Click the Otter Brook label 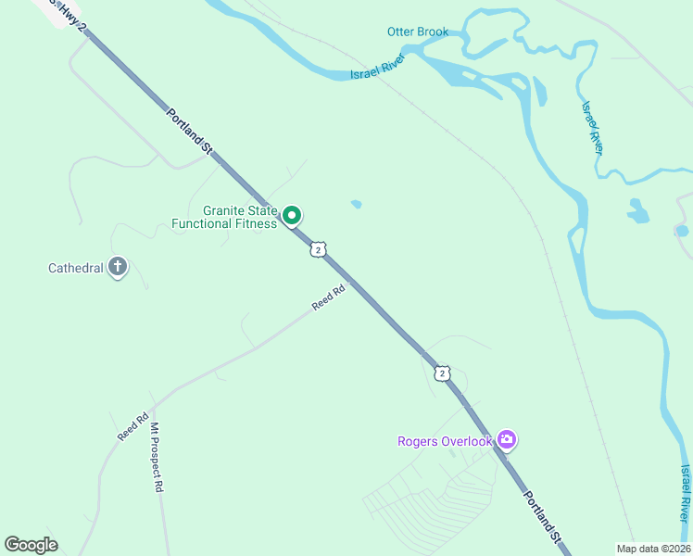click(x=417, y=32)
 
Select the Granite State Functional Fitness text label click(x=224, y=217)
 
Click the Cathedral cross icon click(x=117, y=268)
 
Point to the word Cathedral click(x=74, y=269)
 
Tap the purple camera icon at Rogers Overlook click(x=506, y=439)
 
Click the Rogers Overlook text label click(x=444, y=441)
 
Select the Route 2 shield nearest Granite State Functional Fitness click(x=318, y=249)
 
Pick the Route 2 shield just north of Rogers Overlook click(x=442, y=373)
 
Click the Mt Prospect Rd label click(x=157, y=458)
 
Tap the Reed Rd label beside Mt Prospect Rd click(x=132, y=426)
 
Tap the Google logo click(x=31, y=545)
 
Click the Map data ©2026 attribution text click(x=652, y=549)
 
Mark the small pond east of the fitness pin click(x=356, y=204)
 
